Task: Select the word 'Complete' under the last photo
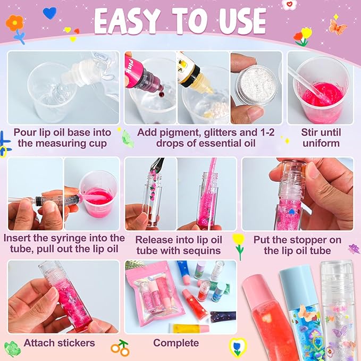click(x=176, y=343)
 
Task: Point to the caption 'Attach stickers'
click(x=59, y=343)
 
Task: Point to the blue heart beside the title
click(x=50, y=13)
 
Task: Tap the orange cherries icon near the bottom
click(x=120, y=348)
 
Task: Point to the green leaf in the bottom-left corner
click(x=12, y=349)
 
